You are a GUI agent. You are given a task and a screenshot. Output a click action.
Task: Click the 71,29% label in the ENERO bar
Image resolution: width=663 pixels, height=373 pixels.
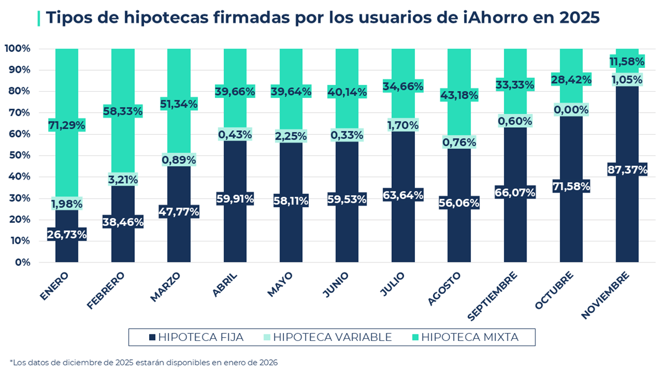pos(67,125)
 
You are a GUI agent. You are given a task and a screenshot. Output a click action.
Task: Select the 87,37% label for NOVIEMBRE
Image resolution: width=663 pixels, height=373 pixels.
pos(627,170)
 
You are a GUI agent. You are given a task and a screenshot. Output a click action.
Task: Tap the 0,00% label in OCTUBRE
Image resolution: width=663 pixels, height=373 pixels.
pos(571,110)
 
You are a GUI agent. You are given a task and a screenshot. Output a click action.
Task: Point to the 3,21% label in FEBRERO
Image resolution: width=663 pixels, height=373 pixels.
pos(123,180)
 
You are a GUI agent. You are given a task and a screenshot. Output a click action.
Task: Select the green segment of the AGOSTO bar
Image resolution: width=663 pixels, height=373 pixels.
pos(459,72)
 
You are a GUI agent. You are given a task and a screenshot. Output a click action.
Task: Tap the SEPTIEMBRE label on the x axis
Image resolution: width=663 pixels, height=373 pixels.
pos(493,295)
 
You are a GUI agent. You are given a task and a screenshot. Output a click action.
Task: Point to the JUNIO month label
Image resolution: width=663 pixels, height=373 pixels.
pos(336,284)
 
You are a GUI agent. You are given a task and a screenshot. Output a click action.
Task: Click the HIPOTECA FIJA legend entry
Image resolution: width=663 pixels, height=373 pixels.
pos(196,337)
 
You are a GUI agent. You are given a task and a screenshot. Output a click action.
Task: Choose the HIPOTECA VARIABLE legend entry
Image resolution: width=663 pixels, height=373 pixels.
pos(327,337)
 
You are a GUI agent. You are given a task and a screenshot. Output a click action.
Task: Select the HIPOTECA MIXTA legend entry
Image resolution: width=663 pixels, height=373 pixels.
pos(464,337)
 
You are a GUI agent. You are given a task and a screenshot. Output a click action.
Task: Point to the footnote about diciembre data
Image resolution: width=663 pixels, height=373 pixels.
pos(144,363)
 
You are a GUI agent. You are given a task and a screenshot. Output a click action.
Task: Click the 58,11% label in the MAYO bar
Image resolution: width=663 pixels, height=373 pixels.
pos(291,201)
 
